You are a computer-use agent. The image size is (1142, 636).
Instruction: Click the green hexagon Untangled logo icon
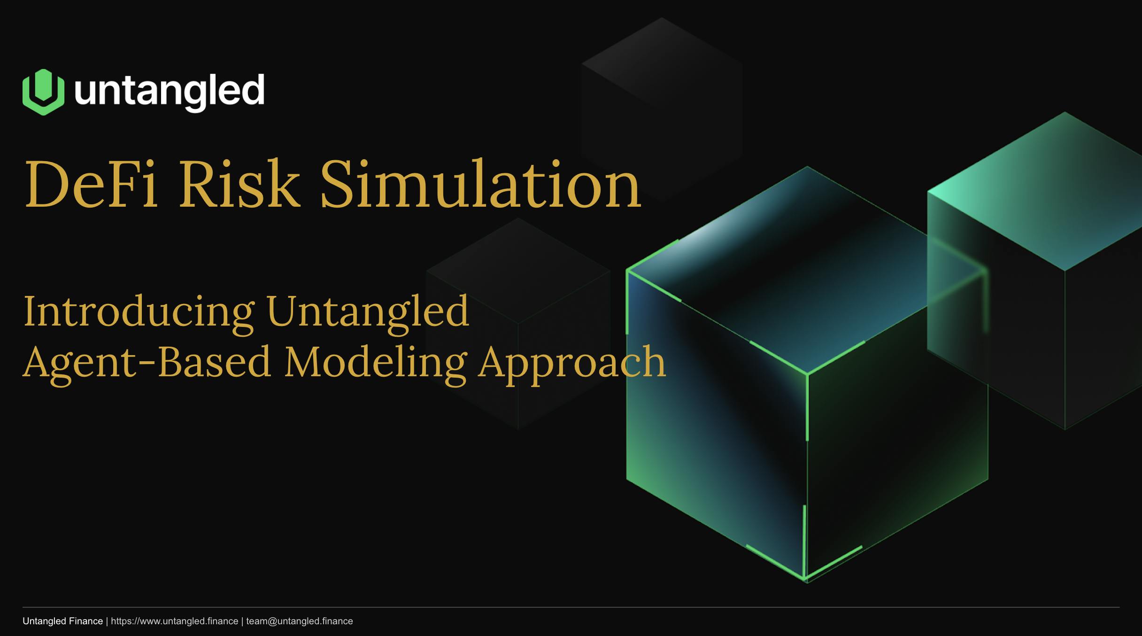click(x=43, y=92)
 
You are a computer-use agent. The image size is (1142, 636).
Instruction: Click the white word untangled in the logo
click(x=170, y=92)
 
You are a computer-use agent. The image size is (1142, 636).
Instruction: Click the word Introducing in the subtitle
click(x=139, y=313)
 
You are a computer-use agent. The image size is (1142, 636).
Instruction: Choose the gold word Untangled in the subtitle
click(x=368, y=312)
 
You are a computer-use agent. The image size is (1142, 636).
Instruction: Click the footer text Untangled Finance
click(x=62, y=621)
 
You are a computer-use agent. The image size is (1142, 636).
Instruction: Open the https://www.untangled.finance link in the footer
click(x=175, y=621)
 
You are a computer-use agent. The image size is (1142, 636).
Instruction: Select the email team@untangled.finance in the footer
click(x=300, y=621)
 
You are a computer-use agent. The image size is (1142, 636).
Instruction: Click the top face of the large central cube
click(x=807, y=270)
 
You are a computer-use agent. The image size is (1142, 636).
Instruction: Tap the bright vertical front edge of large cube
click(x=807, y=407)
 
